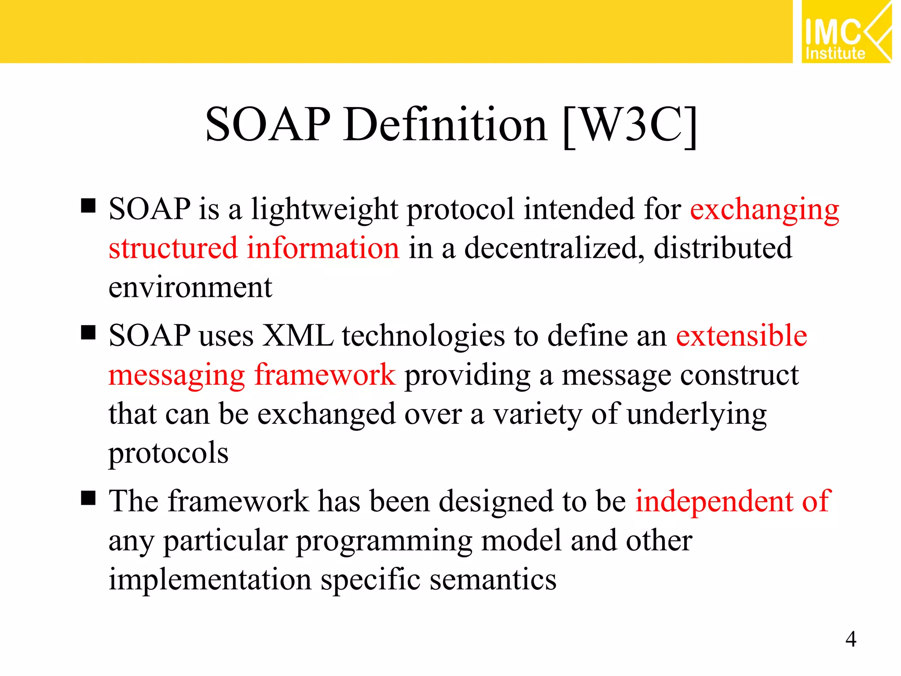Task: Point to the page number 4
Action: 851,639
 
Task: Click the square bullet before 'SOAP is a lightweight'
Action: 88,206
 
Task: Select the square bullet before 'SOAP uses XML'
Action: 88,333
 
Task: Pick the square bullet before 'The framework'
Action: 88,498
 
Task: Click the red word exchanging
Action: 765,209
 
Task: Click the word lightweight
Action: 325,209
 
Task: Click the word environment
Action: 190,288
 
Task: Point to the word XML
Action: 298,336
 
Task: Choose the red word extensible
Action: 741,336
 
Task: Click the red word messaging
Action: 176,376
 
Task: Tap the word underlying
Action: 696,415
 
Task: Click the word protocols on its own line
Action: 168,454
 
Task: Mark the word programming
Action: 384,542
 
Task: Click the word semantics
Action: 493,580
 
